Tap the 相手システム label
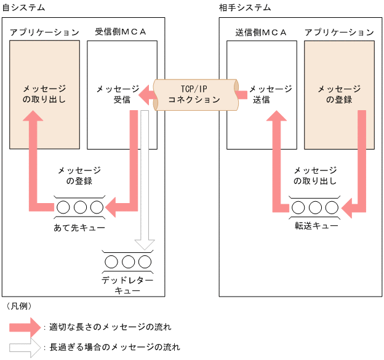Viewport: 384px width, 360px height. coord(245,7)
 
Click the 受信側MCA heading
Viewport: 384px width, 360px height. coord(121,32)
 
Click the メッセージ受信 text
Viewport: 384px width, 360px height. coord(117,94)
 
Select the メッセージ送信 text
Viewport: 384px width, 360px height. coord(270,94)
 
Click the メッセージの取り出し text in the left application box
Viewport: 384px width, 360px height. coord(44,94)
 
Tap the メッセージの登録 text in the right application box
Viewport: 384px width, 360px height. coord(339,94)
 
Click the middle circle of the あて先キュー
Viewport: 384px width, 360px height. coord(80,207)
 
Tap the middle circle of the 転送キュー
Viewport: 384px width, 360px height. coord(316,207)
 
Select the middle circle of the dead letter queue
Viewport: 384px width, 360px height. coord(128,262)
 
